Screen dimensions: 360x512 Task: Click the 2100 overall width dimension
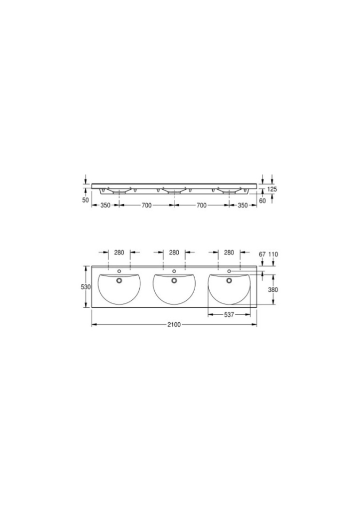point(174,325)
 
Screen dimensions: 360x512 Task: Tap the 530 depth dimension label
point(85,287)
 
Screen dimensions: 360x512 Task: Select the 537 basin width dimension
point(229,315)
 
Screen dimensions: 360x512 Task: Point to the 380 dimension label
point(273,290)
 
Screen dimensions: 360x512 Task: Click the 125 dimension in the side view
point(272,189)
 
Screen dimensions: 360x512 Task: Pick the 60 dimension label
point(262,201)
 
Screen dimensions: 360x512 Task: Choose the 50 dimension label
point(85,200)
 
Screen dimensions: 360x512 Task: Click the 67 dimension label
point(262,254)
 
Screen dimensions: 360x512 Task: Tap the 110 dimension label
point(273,254)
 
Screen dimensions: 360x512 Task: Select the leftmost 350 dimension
point(105,205)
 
